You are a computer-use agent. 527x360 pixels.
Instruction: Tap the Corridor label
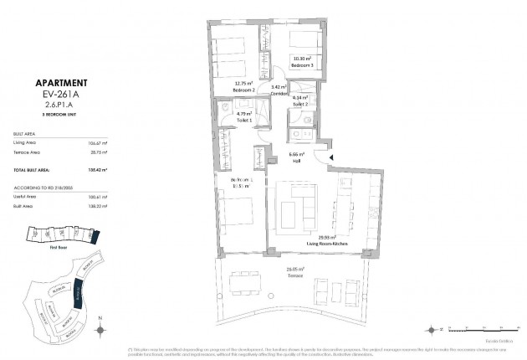(279, 90)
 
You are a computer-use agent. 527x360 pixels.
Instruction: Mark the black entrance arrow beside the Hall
(332, 158)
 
